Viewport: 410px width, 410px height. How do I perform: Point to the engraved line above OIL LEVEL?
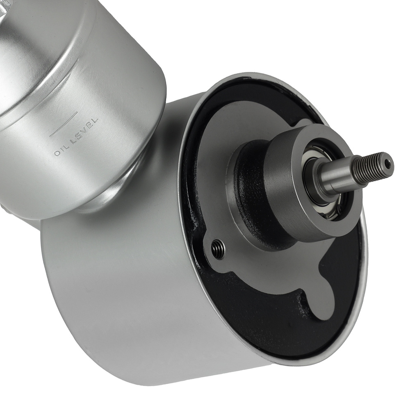pos(64,124)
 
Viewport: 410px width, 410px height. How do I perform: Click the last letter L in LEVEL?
pos(95,121)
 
